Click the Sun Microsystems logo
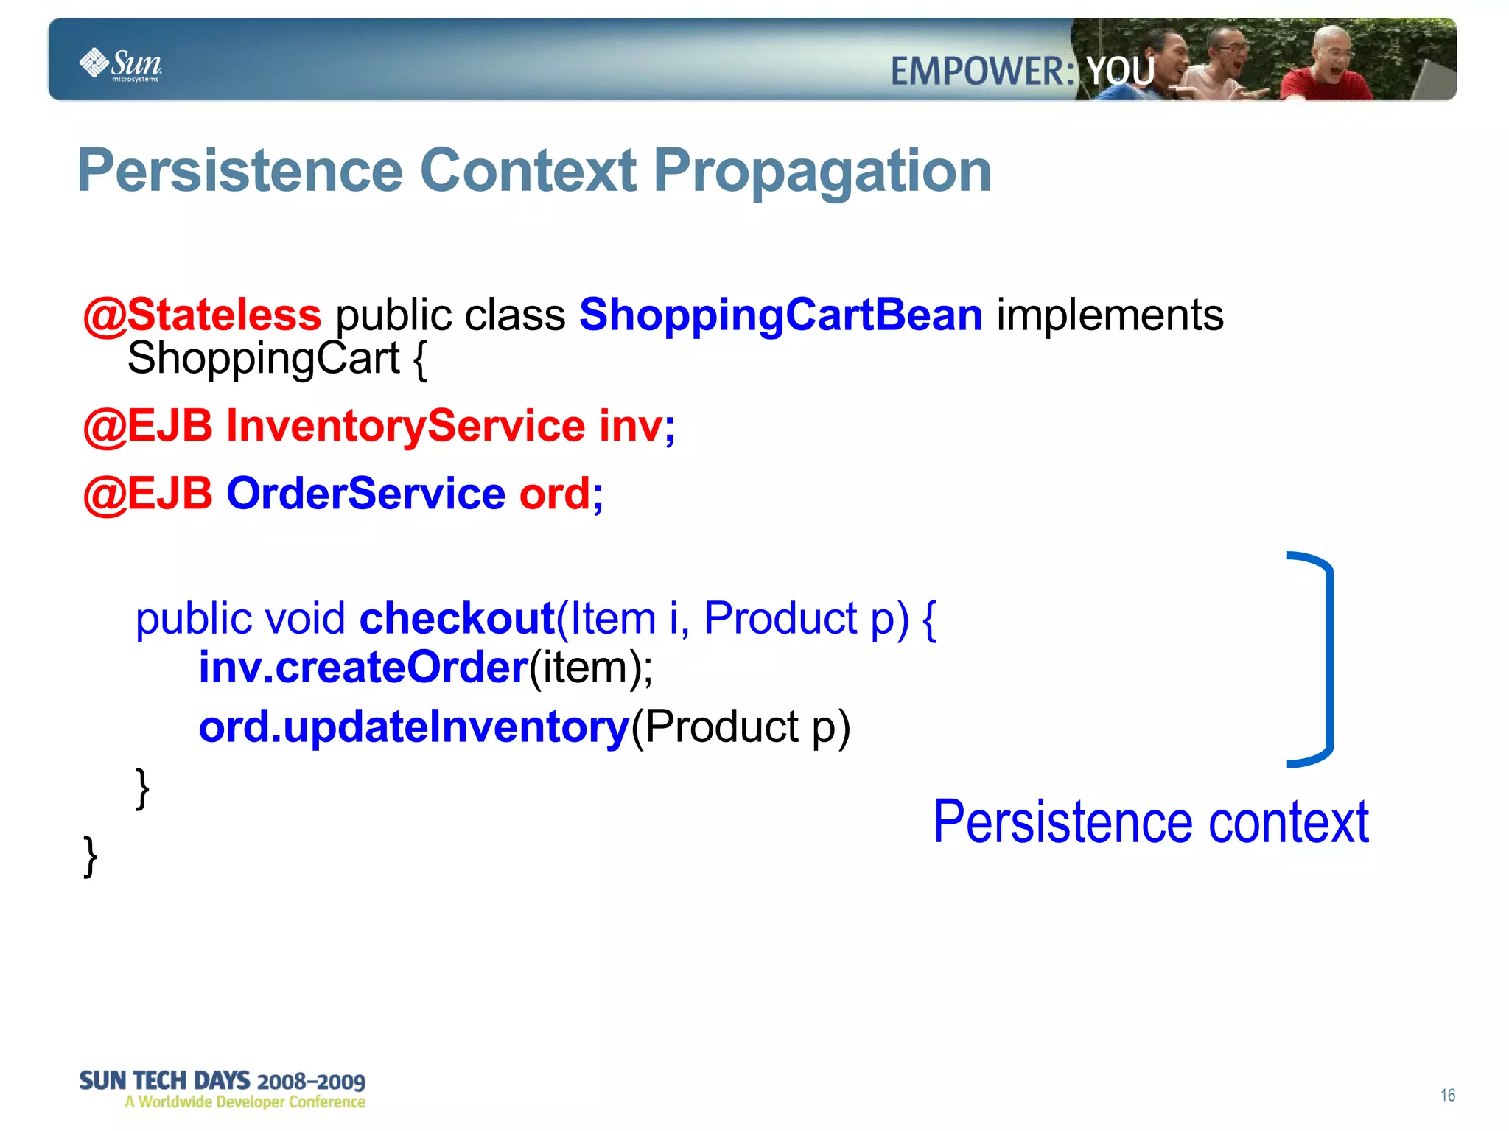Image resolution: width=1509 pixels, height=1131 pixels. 120,65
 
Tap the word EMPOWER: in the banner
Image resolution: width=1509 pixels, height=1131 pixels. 982,71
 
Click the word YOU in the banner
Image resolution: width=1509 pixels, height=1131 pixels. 1121,71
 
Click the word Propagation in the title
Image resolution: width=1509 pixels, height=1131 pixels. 822,171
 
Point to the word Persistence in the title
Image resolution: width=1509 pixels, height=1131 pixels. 240,171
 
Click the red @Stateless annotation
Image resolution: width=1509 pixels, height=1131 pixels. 202,315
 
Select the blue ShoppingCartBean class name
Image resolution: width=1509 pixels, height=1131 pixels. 780,315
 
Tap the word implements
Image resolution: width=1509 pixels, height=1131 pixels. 1110,315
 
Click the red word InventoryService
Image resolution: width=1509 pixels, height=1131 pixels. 405,426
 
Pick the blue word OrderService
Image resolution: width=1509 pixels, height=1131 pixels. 365,493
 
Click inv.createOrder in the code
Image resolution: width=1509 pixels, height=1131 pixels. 363,667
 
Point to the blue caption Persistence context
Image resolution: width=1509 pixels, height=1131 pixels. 1150,822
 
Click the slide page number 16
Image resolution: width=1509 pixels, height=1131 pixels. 1447,1095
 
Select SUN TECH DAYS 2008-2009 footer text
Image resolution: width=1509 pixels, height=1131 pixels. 222,1081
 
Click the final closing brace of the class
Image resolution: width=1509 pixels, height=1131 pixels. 90,856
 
